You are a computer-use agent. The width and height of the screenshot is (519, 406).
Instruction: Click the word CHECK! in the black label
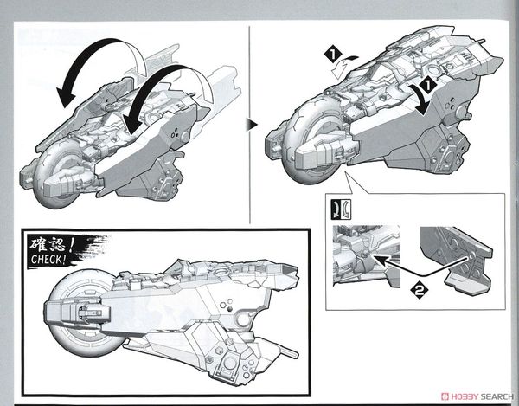(x=47, y=259)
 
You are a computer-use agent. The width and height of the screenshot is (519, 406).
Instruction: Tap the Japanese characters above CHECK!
(x=51, y=244)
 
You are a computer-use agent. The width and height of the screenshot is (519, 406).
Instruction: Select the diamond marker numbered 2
(x=420, y=290)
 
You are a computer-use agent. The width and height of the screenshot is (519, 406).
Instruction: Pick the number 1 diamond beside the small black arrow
(x=427, y=86)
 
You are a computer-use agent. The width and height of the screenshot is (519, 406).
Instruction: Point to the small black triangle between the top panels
(x=252, y=126)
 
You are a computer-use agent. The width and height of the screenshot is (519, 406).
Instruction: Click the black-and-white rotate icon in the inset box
(x=342, y=209)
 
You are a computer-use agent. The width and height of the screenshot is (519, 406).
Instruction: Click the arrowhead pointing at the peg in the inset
(x=380, y=260)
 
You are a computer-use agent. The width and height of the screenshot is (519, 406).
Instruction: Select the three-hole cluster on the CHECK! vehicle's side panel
(x=227, y=305)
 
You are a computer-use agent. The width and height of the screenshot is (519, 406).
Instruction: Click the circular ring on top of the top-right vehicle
(x=434, y=70)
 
